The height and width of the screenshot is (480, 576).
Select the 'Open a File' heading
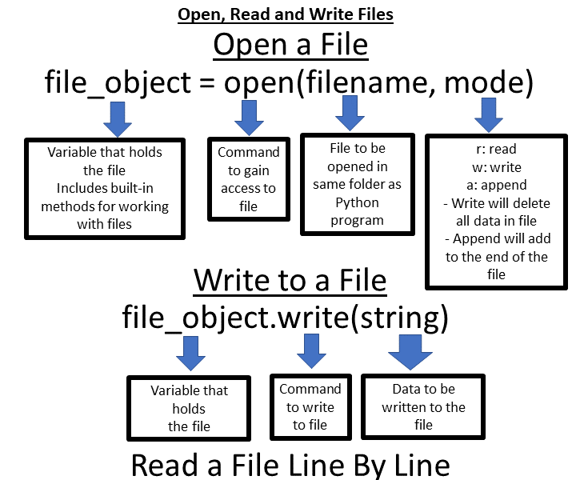[290, 45]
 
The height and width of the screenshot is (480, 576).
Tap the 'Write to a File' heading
[290, 281]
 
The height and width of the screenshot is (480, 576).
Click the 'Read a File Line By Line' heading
[290, 465]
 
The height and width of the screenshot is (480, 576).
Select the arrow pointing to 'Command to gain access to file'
[249, 118]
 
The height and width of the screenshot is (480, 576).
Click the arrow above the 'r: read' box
[489, 116]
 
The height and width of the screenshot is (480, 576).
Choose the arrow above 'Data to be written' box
[410, 351]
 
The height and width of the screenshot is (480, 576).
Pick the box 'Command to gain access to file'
[249, 179]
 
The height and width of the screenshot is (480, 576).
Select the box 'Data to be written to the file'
[423, 406]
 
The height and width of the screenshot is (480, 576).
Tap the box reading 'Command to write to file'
[310, 406]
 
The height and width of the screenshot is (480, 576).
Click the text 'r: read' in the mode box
[496, 150]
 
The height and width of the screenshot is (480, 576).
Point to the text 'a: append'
[496, 185]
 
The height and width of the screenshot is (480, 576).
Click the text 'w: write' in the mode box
[496, 167]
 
